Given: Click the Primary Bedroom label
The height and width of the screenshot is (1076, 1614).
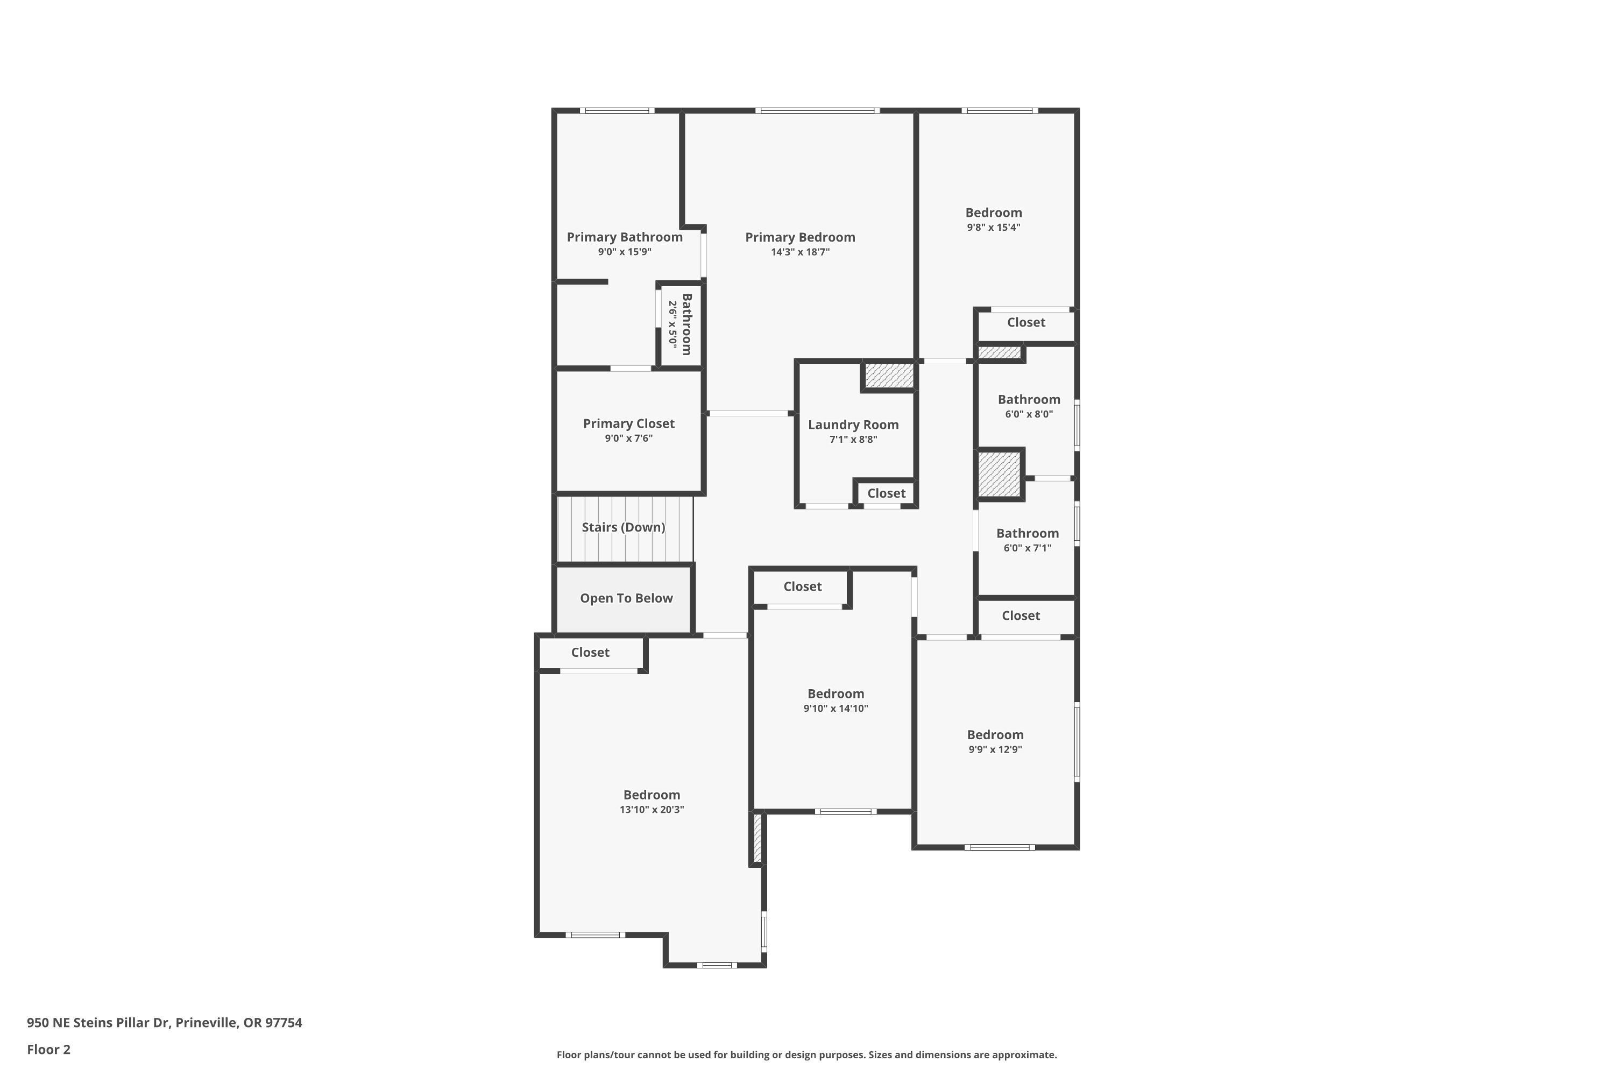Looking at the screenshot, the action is coord(800,237).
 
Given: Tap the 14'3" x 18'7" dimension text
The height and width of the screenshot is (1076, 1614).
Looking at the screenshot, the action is coord(800,252).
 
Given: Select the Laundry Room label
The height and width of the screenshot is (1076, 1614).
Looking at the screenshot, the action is coord(853,425).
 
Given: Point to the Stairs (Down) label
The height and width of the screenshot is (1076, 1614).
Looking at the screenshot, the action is coord(623,527).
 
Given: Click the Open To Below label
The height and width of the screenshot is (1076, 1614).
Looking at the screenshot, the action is coord(627,598).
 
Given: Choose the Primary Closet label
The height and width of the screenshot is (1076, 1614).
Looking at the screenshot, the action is coord(628,423).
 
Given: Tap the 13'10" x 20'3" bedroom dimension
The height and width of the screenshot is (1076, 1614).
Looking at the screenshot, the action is coord(652,809).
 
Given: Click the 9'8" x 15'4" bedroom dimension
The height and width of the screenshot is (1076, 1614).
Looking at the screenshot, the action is coord(994,227).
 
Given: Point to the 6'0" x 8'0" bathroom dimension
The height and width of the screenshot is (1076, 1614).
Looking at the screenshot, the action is coord(1029,414).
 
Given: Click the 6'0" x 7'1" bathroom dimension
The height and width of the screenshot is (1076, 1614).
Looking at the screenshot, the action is coord(1027,548).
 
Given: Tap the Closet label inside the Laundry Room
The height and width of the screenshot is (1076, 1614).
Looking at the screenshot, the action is coord(886,493).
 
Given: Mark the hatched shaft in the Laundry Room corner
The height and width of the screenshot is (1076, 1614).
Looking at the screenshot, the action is coord(889,376).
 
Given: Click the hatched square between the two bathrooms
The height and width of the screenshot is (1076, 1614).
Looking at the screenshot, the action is coord(999,474).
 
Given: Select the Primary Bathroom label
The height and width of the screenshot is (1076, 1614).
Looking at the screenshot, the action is coord(625,237).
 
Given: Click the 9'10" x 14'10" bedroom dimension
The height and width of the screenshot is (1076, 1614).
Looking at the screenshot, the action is coord(836,708).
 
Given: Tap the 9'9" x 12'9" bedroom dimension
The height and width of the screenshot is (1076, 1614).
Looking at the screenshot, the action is coord(995,749).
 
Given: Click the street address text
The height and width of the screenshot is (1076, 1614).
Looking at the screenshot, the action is coord(165,1023).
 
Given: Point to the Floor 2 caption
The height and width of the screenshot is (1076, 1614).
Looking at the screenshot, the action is coord(49,1049).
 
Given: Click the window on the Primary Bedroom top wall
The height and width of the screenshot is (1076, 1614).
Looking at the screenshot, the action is coord(817,110).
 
